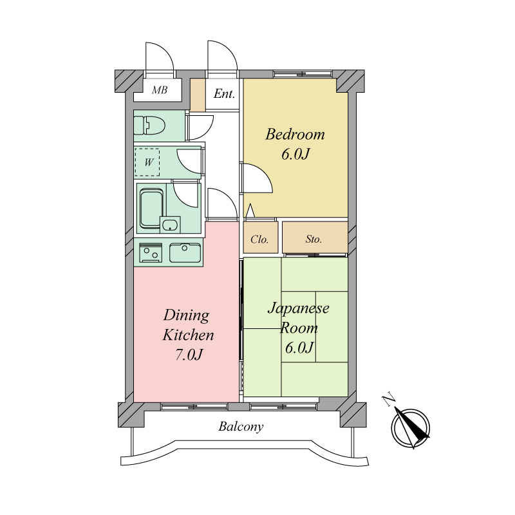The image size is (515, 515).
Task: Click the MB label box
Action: click(160, 91)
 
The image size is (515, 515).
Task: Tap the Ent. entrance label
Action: click(224, 95)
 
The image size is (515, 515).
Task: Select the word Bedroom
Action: click(295, 135)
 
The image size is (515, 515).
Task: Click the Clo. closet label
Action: click(259, 239)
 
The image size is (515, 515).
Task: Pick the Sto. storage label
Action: click(314, 239)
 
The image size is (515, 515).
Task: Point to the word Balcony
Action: click(240, 427)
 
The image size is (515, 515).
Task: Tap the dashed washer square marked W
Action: click(149, 162)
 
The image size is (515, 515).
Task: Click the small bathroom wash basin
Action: click(171, 225)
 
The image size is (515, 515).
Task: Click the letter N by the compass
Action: click(389, 401)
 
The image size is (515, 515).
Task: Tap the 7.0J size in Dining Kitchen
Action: click(189, 355)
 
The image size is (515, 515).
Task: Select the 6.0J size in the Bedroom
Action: click(295, 155)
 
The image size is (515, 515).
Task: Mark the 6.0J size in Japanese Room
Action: click(299, 348)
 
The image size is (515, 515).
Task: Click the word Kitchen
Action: click(187, 335)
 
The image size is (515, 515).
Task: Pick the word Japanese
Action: click(298, 308)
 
